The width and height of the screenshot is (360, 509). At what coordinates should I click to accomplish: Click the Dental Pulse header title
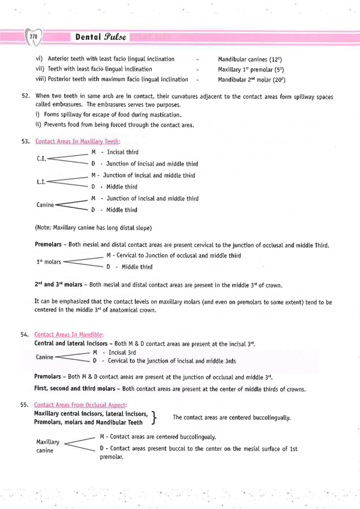(99, 37)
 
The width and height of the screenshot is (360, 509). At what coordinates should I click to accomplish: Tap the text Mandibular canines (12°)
(250, 59)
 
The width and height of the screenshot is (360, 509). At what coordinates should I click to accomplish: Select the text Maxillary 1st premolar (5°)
(250, 69)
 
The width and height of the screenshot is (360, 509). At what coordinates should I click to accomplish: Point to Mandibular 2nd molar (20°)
(251, 80)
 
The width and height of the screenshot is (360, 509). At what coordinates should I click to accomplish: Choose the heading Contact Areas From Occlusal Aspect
(81, 405)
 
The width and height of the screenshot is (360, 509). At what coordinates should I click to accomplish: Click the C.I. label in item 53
(41, 159)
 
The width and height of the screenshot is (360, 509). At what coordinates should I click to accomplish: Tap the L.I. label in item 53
(41, 181)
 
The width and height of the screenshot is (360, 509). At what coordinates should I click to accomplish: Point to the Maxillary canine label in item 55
(47, 446)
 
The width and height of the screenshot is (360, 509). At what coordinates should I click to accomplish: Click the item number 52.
(25, 97)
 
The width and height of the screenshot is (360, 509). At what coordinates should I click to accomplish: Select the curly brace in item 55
(155, 418)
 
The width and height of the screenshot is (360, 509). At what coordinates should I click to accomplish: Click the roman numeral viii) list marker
(40, 80)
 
